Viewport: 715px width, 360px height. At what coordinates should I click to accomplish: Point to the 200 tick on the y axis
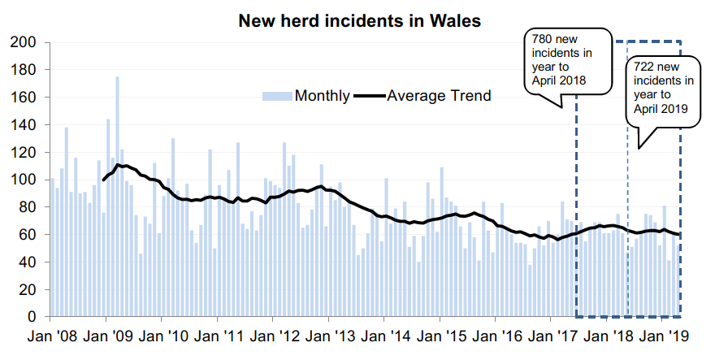[x=24, y=42]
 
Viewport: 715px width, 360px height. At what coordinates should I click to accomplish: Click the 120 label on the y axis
[x=24, y=153]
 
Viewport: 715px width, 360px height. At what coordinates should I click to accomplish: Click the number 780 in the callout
[x=544, y=39]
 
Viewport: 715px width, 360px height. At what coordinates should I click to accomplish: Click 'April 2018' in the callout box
[x=560, y=80]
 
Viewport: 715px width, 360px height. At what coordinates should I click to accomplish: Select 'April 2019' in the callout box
[x=661, y=109]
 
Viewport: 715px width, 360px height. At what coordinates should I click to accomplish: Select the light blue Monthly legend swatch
[x=276, y=96]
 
